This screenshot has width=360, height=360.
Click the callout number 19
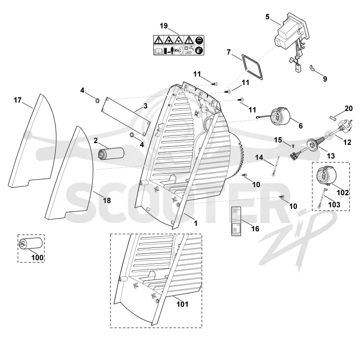click(x=164, y=26)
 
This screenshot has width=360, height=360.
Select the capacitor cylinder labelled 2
click(x=111, y=153)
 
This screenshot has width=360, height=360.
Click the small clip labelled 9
click(x=312, y=68)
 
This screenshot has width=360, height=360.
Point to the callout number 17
click(x=18, y=100)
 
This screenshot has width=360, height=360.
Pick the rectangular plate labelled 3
click(x=126, y=117)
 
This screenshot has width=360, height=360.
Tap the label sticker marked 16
click(x=236, y=221)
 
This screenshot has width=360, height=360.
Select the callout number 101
click(x=182, y=304)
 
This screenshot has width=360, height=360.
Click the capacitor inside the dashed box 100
click(x=31, y=243)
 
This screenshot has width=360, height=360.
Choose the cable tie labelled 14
click(x=275, y=166)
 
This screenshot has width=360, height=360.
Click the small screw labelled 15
click(x=293, y=145)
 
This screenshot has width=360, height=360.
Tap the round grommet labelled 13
click(x=313, y=144)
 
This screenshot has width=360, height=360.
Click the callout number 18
click(x=107, y=200)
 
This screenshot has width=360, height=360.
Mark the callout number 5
click(x=267, y=17)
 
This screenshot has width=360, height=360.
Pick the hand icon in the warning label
click(x=199, y=50)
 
